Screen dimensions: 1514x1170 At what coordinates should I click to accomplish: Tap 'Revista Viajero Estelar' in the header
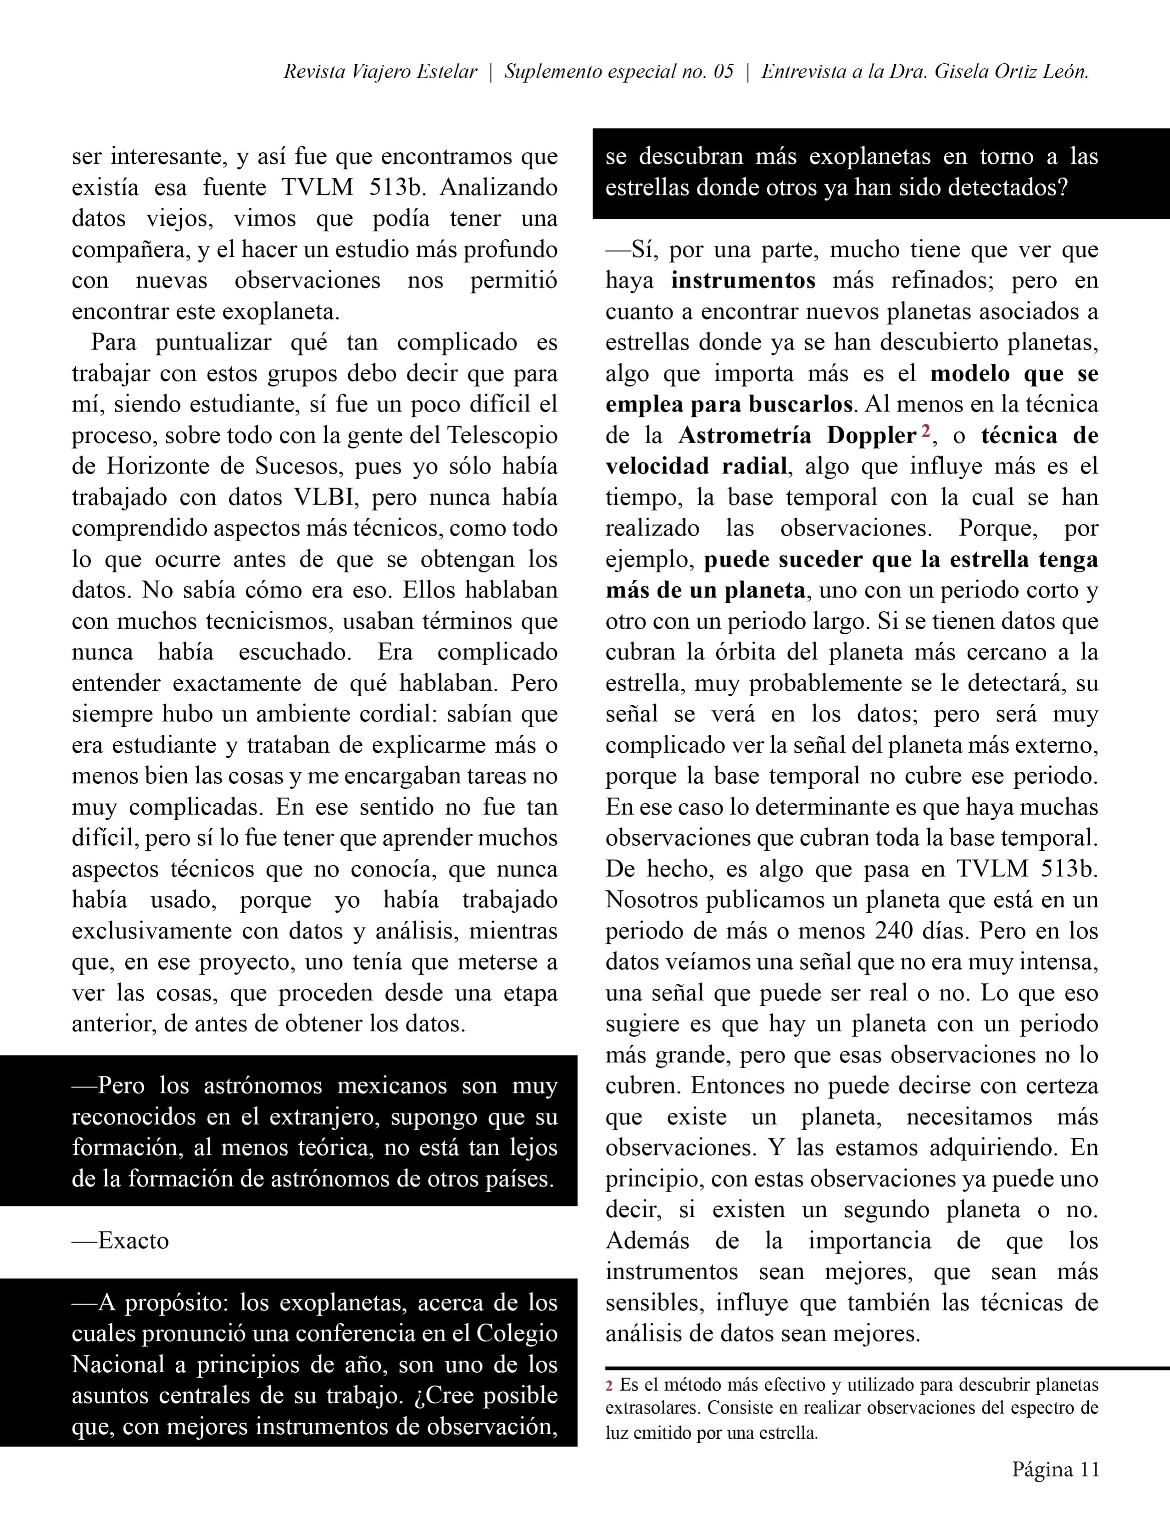pyautogui.click(x=380, y=72)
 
